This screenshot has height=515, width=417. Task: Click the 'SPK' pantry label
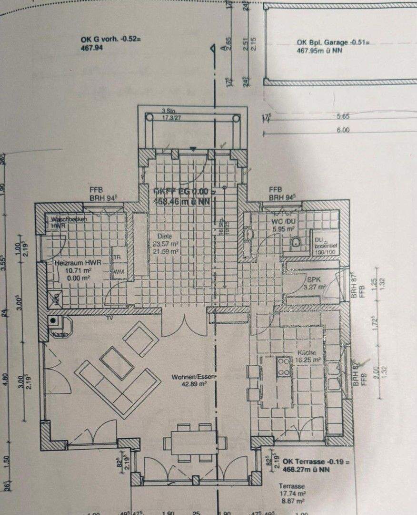pyautogui.click(x=313, y=280)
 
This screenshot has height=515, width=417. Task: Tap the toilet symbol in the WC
pyautogui.click(x=295, y=243)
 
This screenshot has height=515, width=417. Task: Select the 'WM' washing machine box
pyautogui.click(x=118, y=271)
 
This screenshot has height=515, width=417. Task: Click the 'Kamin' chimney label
pyautogui.click(x=59, y=334)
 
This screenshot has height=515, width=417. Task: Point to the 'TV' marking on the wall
pyautogui.click(x=110, y=317)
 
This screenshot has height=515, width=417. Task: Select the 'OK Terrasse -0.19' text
pyautogui.click(x=316, y=462)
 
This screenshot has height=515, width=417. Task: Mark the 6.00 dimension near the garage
pyautogui.click(x=343, y=130)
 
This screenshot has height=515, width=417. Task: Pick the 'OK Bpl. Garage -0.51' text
pyautogui.click(x=333, y=42)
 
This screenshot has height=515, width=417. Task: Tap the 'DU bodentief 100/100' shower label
pyautogui.click(x=324, y=243)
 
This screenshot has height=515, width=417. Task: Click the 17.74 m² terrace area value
pyautogui.click(x=292, y=494)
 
